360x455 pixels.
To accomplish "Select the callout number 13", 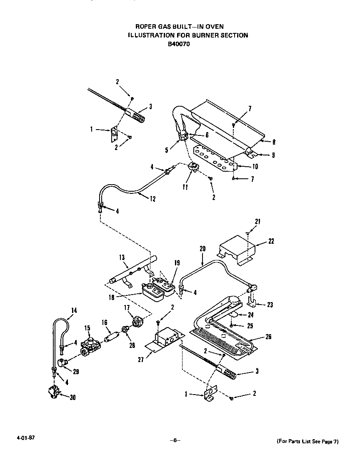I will pyautogui.click(x=122, y=257).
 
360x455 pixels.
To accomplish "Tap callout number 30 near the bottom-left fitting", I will pyautogui.click(x=72, y=397).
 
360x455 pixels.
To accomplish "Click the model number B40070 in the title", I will pyautogui.click(x=179, y=44).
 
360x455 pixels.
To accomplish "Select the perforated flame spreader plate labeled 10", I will pyautogui.click(x=212, y=157).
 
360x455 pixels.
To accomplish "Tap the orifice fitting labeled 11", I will pyautogui.click(x=192, y=167).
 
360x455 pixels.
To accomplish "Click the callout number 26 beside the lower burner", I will pyautogui.click(x=268, y=337).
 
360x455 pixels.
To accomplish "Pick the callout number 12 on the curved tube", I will pyautogui.click(x=152, y=199).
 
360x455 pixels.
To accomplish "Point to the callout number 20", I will pyautogui.click(x=203, y=248).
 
